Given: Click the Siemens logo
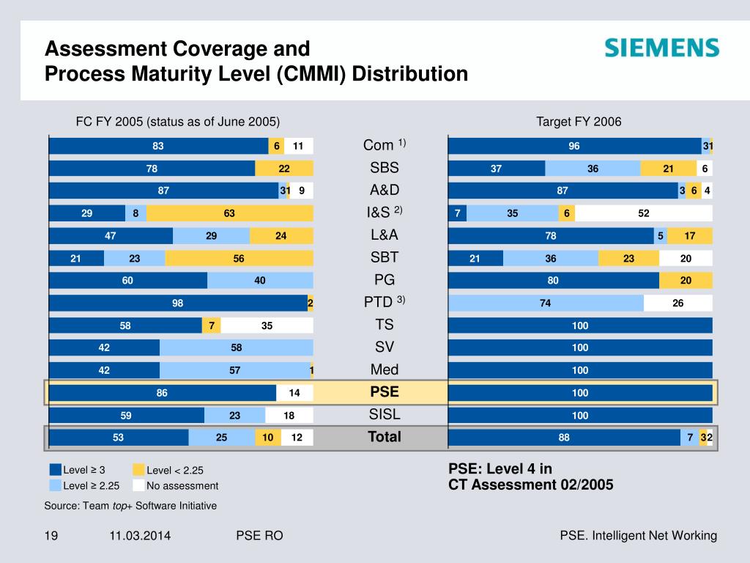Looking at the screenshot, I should (662, 48).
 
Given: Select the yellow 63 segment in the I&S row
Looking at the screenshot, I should (229, 213).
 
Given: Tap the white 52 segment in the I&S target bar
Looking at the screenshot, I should (643, 213).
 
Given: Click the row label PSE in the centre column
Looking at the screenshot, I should (385, 392).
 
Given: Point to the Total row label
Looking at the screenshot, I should (385, 437).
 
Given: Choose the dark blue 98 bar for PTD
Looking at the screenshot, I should (178, 303).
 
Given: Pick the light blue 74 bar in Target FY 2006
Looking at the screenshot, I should (546, 303).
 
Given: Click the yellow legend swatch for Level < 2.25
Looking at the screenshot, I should (139, 471).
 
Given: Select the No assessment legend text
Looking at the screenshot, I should (182, 485).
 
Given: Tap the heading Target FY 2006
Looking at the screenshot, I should (579, 122).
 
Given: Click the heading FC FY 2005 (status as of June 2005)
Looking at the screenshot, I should (179, 122).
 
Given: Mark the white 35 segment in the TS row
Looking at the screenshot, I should (267, 325).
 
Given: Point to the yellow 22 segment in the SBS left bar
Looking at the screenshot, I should (284, 169).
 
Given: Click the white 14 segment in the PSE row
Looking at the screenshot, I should (294, 393).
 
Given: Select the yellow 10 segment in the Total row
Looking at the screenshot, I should (268, 438).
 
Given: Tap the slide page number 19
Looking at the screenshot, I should (51, 536).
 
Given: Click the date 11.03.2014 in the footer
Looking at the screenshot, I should (140, 536).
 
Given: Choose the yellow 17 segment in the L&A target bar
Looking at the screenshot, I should (690, 235).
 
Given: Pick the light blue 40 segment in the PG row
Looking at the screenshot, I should (260, 280).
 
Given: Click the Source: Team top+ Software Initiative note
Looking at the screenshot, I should (130, 506).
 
